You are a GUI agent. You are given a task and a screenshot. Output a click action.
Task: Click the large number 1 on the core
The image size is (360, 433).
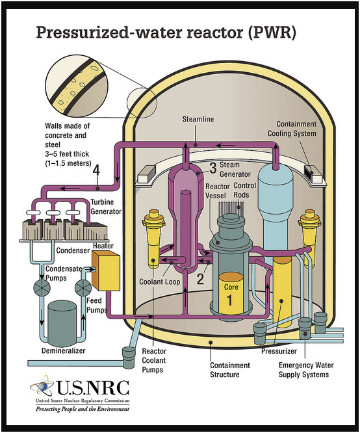point(229,300)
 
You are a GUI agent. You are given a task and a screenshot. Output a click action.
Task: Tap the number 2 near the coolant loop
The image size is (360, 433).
point(200,278)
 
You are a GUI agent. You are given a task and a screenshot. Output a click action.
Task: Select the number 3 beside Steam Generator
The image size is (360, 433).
point(213,168)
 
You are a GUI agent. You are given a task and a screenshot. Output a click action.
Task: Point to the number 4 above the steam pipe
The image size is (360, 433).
point(96,170)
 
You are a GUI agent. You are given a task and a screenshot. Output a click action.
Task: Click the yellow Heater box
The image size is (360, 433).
point(106,270)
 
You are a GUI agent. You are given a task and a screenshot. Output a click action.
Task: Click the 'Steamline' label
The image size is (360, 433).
point(198,119)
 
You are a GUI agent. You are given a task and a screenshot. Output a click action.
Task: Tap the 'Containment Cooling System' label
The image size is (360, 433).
point(292,129)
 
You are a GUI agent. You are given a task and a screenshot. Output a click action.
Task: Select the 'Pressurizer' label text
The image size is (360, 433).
point(279,351)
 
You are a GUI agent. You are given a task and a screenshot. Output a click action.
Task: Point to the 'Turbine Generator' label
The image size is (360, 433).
point(106,207)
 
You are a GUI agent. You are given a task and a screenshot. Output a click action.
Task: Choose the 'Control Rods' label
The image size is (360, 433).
point(244,190)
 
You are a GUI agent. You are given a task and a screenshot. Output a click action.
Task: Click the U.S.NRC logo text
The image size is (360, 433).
point(93,387)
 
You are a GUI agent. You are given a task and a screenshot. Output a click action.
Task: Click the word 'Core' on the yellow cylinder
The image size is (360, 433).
point(231,287)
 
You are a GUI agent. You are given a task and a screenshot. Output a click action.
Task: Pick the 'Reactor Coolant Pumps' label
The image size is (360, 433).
point(154,360)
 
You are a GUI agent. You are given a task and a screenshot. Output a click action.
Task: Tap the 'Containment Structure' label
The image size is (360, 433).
point(230,370)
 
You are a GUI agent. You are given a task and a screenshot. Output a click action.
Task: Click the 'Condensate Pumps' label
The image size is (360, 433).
point(64,273)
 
